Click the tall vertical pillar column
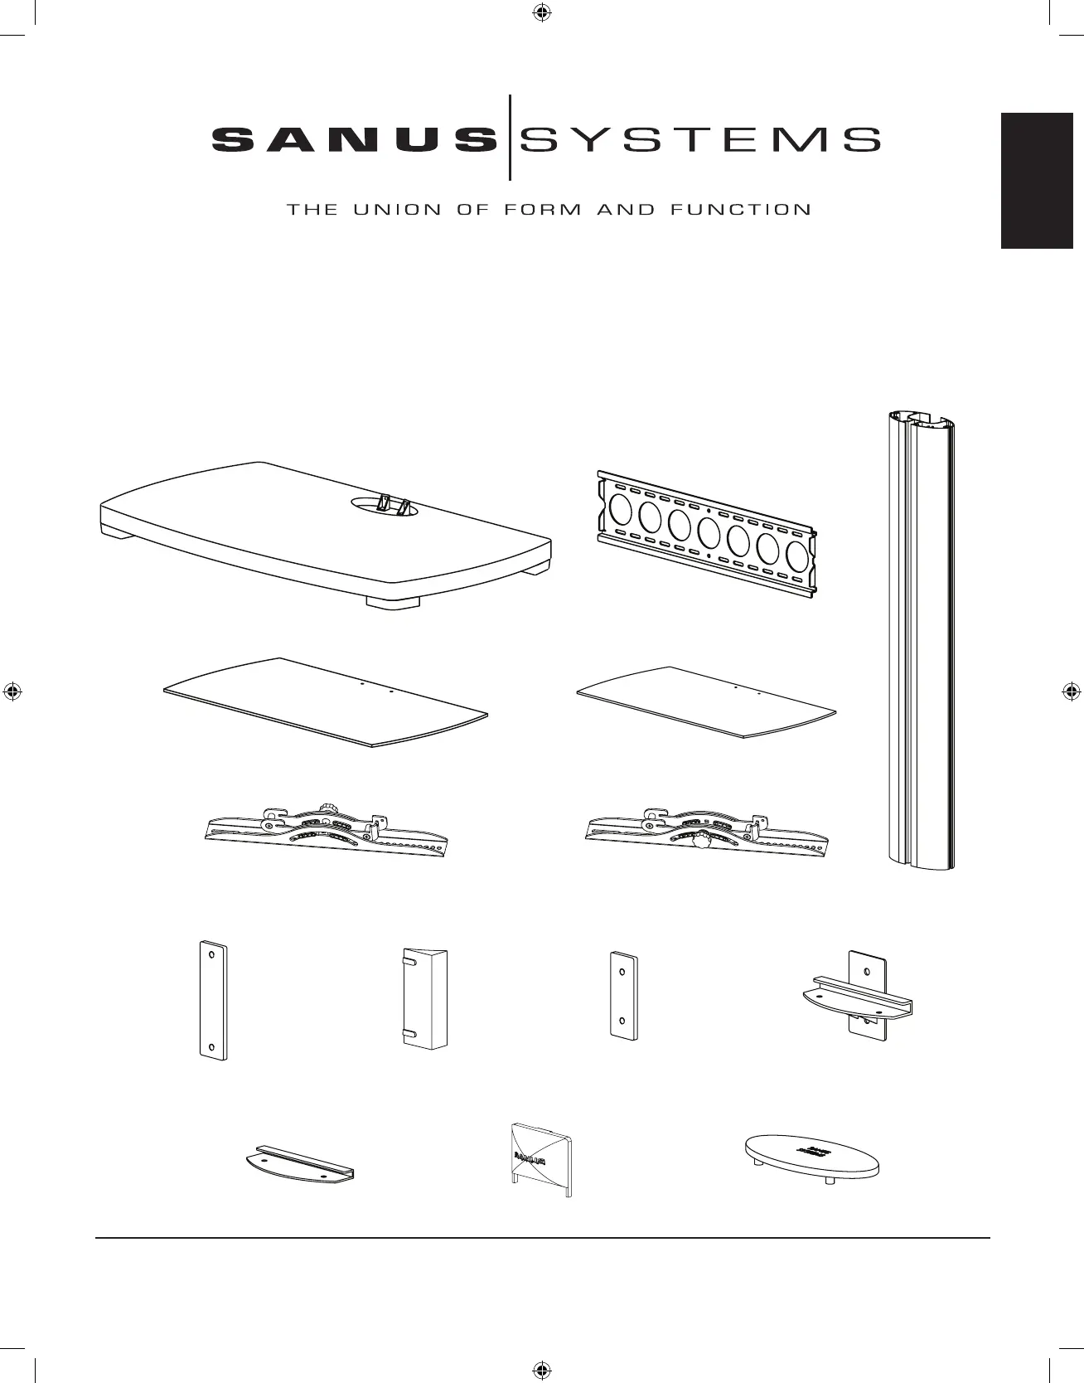[x=919, y=638]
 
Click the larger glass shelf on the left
[x=326, y=701]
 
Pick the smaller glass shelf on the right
[x=706, y=700]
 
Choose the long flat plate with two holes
[x=213, y=1001]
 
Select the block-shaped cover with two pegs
[x=424, y=999]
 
